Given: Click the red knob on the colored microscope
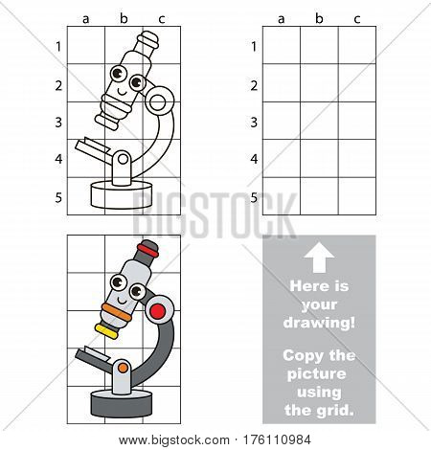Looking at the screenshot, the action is [x=158, y=311].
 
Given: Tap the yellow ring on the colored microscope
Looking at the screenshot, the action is [x=106, y=331].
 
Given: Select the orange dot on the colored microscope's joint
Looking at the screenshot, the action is [x=123, y=368].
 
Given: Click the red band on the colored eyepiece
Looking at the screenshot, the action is [x=148, y=251].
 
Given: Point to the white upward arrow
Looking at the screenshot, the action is [x=319, y=258].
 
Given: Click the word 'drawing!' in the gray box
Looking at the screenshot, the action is [x=319, y=323].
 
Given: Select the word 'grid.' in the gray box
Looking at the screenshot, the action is [x=335, y=411].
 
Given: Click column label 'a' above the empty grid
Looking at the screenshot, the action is [x=281, y=19].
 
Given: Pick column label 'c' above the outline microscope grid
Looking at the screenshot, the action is [x=162, y=19].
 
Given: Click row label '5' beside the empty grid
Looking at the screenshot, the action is [x=254, y=198].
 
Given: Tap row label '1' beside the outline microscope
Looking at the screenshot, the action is [x=58, y=47].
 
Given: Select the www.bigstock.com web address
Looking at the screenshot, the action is [x=174, y=440].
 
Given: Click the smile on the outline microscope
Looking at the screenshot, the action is [x=122, y=93].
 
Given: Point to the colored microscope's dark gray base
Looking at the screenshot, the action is [x=122, y=403].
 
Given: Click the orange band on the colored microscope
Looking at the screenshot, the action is [x=117, y=312].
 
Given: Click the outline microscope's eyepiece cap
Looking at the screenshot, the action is [x=148, y=40].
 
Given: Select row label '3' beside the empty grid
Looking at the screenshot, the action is [x=254, y=123].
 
